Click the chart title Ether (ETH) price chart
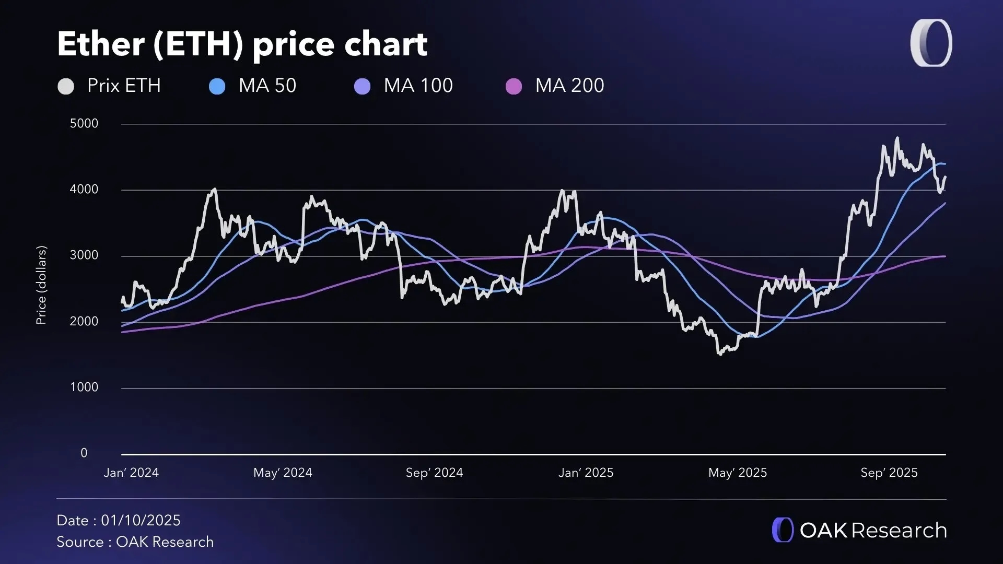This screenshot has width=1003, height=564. [x=242, y=44]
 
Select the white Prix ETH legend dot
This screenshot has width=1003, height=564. [x=66, y=86]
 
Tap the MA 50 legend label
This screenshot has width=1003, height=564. [x=267, y=86]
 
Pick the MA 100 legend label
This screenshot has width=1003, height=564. [x=418, y=86]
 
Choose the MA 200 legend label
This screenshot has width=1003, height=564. [x=569, y=86]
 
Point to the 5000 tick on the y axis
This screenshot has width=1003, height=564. [x=84, y=124]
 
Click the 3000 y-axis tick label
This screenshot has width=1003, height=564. [x=84, y=255]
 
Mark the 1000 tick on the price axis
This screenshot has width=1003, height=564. [x=84, y=387]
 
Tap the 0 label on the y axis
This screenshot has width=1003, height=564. [x=84, y=453]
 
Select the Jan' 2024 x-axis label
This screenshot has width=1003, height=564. [x=131, y=473]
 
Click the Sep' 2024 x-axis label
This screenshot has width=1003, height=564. [x=434, y=473]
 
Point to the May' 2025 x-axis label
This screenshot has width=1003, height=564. [x=737, y=473]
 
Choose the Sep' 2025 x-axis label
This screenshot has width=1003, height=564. [x=889, y=473]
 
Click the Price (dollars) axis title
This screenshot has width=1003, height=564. [x=41, y=285]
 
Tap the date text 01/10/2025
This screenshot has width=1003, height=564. [x=141, y=521]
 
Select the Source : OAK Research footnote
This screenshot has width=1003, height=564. [x=135, y=542]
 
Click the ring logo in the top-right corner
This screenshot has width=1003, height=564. [x=931, y=43]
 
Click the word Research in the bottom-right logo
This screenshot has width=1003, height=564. [x=899, y=531]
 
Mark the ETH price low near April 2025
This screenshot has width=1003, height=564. [x=720, y=354]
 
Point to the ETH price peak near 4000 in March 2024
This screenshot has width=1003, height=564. [x=215, y=190]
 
